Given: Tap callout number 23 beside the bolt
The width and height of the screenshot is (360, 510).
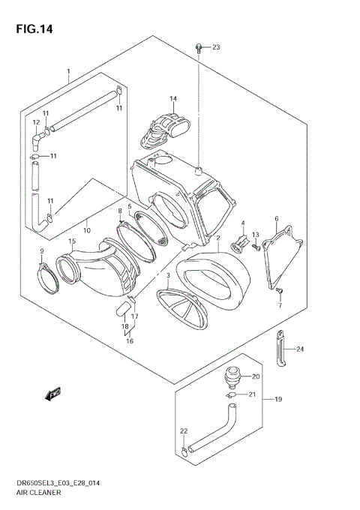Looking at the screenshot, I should tap(216, 48).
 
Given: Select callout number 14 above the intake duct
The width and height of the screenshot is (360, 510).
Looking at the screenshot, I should tap(172, 99).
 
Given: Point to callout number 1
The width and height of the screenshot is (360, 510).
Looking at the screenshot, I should tap(67, 72).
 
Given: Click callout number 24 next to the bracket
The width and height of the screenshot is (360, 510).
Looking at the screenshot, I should tap(299, 349).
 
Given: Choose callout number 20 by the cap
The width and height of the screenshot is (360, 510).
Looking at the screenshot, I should tap(255, 377).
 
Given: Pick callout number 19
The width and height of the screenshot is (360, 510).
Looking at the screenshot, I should tap(277, 400).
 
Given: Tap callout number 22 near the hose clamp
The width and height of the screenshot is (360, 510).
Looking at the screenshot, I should tap(183, 430).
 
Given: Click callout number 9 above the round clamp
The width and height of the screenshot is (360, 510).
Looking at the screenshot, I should tap(42, 251).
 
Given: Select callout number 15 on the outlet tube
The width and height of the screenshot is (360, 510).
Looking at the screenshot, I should tap(72, 241).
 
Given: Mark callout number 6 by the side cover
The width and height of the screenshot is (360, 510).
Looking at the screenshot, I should tap(276, 219).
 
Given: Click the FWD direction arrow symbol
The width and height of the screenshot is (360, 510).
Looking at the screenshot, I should tap(53, 393).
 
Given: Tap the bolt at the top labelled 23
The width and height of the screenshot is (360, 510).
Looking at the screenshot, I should tap(199, 48).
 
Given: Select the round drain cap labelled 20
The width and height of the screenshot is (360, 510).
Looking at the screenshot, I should tap(234, 373).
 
